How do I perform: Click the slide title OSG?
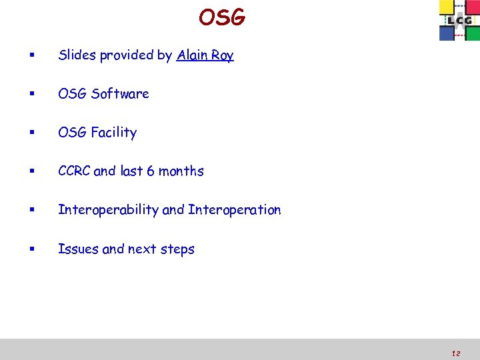(x=222, y=17)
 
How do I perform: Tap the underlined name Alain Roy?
(x=205, y=55)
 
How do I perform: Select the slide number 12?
(x=455, y=353)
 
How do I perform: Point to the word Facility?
(x=114, y=133)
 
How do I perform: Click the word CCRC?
(x=74, y=171)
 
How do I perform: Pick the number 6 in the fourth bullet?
(x=151, y=171)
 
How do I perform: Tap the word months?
(x=181, y=171)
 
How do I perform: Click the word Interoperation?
(x=235, y=210)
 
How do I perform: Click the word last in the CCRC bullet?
(x=131, y=171)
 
